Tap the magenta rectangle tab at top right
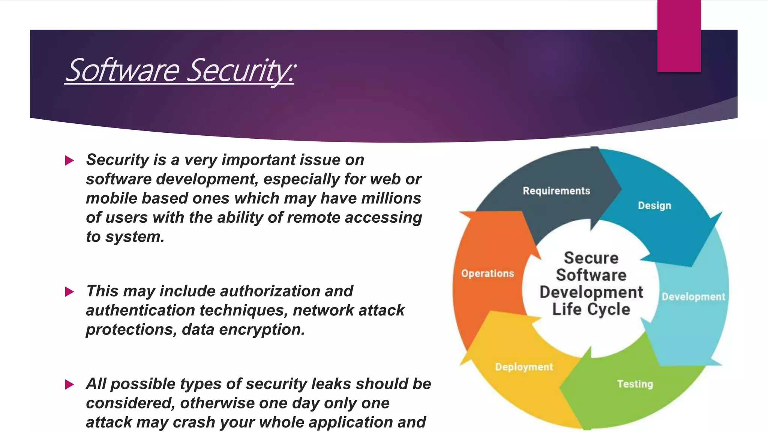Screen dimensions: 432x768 679,36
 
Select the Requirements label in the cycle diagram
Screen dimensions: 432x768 556,191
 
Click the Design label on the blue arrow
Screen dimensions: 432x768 654,205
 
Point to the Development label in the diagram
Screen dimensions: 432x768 693,297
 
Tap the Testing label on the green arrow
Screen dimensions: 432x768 635,384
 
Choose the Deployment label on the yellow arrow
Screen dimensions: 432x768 524,367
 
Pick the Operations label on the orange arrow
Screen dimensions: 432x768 487,273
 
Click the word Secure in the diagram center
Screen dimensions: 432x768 591,258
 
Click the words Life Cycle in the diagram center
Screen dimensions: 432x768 591,309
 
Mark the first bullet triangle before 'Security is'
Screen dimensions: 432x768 69,160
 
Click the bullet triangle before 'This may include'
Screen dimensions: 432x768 69,292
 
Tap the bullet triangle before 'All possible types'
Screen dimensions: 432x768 69,384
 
